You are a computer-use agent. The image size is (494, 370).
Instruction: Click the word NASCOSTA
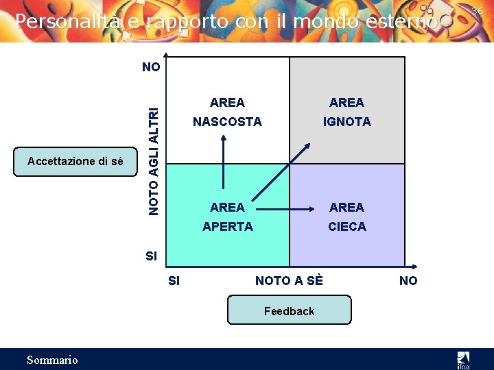(x=227, y=122)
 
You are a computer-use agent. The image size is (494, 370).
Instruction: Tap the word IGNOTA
(x=347, y=122)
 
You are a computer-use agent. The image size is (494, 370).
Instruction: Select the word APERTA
(x=227, y=226)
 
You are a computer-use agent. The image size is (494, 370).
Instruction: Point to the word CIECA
(x=347, y=226)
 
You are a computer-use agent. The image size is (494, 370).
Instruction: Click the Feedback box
(x=289, y=310)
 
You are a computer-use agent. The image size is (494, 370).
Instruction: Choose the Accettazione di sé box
(x=75, y=162)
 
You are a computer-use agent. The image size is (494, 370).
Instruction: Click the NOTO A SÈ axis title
(x=289, y=280)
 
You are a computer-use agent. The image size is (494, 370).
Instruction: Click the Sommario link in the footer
(x=52, y=360)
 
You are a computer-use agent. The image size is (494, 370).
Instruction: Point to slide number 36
(x=477, y=10)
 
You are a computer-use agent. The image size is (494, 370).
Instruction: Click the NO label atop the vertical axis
(x=151, y=67)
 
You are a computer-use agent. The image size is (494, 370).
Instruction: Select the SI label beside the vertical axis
(x=151, y=256)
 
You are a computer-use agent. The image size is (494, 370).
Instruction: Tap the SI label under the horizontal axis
(x=174, y=280)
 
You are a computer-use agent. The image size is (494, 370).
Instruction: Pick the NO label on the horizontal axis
(x=408, y=280)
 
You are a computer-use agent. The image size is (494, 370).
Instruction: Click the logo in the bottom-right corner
(x=464, y=359)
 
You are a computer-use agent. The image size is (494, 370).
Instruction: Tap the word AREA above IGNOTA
(x=347, y=103)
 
